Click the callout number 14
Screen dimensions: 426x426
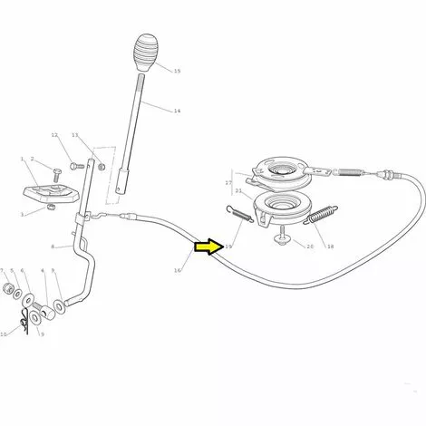(x=177, y=111)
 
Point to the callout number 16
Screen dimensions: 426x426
(x=178, y=270)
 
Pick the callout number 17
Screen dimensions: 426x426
(x=228, y=182)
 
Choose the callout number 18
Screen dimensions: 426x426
(x=330, y=247)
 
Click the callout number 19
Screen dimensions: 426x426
(x=228, y=247)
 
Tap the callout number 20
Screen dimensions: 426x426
(x=310, y=247)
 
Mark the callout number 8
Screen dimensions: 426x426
(x=53, y=247)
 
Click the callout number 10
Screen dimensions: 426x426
(x=4, y=334)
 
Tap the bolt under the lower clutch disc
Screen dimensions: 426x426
(x=281, y=237)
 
